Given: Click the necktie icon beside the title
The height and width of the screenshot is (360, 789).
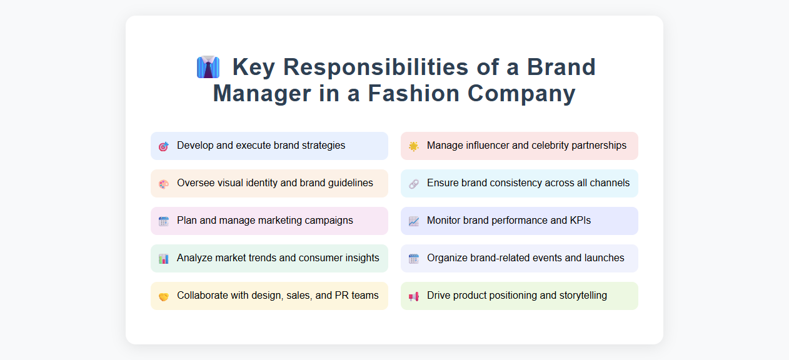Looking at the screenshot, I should tap(208, 67).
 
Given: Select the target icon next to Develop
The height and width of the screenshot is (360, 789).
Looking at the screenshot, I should tap(164, 146).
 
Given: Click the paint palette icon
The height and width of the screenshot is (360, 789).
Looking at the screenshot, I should tap(164, 184).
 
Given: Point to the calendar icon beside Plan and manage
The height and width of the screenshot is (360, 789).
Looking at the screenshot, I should tap(164, 221).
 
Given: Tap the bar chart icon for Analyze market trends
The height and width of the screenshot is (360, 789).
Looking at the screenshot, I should tap(164, 259).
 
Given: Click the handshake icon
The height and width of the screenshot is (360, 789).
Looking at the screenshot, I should tap(164, 296).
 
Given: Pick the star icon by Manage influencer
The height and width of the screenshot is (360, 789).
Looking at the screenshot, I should tap(413, 146).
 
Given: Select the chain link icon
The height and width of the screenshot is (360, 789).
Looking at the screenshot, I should tap(413, 184).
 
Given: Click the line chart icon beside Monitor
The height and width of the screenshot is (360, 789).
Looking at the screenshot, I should tap(413, 221).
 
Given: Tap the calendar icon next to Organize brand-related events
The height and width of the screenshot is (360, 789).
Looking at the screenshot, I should tap(413, 259).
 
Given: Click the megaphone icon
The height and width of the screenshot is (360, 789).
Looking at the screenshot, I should tap(413, 296).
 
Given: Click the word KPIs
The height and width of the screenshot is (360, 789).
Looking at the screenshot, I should tap(580, 221).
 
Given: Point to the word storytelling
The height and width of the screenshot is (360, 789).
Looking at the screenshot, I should tap(580, 296).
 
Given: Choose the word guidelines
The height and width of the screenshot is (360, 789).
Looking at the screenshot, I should tap(349, 183).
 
